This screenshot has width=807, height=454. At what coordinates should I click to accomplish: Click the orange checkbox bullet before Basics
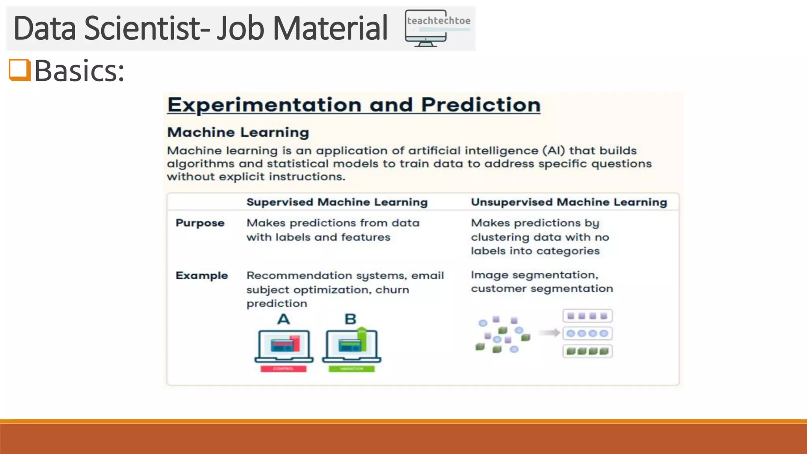coord(20,70)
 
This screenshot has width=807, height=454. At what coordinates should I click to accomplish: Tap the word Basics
coord(79,71)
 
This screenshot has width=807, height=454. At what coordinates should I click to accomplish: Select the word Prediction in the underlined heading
coord(480,105)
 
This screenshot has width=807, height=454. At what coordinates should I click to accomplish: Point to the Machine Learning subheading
coord(238,132)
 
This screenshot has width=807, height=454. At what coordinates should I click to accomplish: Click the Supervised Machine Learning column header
coord(337,202)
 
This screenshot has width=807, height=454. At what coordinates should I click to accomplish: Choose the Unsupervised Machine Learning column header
coord(569,202)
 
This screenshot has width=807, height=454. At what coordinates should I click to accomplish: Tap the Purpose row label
coord(200,223)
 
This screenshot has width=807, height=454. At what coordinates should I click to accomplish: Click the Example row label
coord(202,275)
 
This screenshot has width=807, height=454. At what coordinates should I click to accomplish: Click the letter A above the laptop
coord(284,319)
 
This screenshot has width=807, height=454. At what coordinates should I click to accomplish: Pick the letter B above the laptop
coord(350,319)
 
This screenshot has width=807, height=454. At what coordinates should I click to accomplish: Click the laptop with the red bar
coord(284,346)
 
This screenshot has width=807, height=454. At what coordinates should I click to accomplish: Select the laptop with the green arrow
coord(351,346)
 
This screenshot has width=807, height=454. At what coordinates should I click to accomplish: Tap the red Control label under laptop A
coord(283,369)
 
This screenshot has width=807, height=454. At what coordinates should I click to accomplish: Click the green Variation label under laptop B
coord(351,369)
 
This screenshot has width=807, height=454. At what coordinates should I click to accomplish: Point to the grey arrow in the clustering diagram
coord(549,333)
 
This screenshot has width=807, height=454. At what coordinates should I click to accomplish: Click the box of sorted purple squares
coord(587,316)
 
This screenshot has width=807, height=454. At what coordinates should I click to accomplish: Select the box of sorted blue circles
coord(587,333)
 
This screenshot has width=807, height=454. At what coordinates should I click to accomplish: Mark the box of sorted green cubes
coord(587,351)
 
